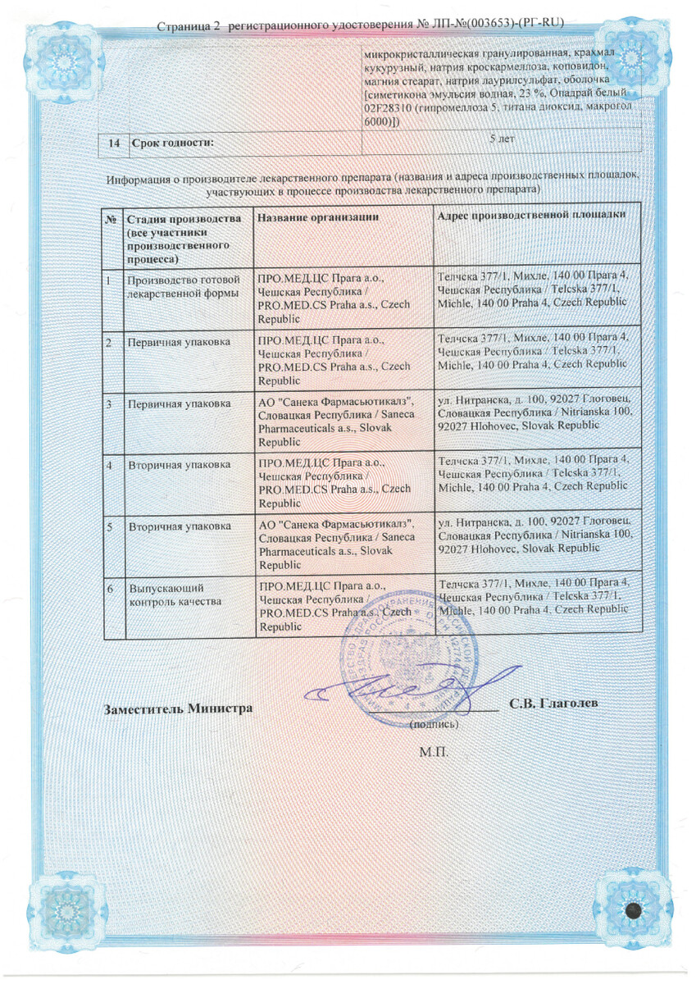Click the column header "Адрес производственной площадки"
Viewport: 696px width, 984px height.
(532, 215)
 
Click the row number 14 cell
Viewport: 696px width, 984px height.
(114, 143)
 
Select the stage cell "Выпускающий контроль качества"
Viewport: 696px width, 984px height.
(175, 594)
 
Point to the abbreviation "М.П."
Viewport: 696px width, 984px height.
(432, 750)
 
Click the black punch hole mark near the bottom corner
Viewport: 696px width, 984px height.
(633, 910)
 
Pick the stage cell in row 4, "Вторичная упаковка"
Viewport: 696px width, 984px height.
(179, 465)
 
